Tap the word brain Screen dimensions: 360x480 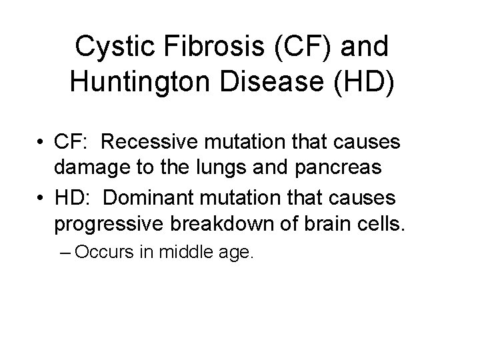click(x=325, y=222)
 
